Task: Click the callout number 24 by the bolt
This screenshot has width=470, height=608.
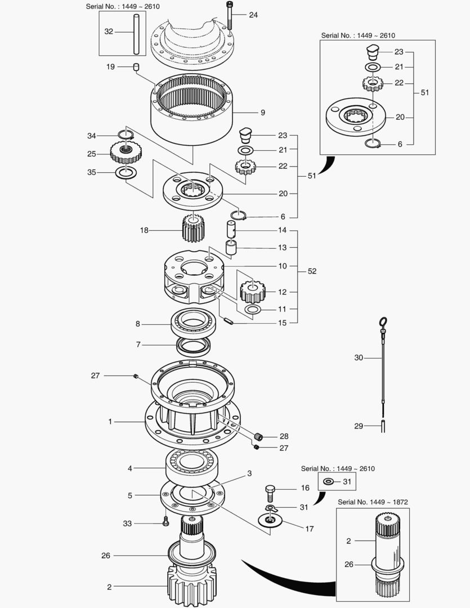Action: [x=253, y=15]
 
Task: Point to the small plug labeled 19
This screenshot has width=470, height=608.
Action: [x=136, y=68]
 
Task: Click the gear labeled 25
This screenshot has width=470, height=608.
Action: [x=128, y=151]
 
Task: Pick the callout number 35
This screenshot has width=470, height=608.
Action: [x=91, y=172]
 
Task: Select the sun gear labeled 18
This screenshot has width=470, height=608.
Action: [x=193, y=227]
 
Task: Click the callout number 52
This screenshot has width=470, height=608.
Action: [x=312, y=271]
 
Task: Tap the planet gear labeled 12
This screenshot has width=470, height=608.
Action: [x=252, y=291]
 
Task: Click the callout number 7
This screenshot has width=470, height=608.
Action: [x=137, y=344]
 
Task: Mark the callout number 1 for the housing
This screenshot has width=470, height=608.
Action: [x=110, y=421]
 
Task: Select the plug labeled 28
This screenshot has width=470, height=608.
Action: [x=258, y=436]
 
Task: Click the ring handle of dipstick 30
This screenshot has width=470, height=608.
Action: [x=383, y=322]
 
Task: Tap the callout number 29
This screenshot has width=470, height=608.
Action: [x=359, y=426]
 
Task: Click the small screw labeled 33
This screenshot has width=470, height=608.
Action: [x=165, y=522]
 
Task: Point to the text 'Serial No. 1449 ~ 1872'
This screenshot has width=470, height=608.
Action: [x=373, y=502]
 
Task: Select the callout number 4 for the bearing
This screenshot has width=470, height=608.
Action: [x=129, y=468]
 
